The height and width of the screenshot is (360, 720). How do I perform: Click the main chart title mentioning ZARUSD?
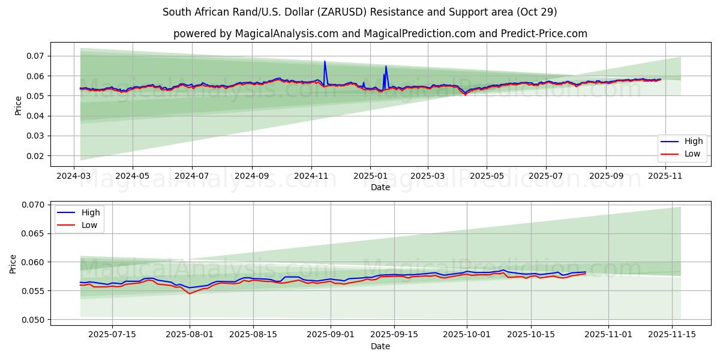point(360,12)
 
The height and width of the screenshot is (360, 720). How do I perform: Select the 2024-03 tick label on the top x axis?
point(74,176)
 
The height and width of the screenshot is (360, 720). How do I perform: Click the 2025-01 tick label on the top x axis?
point(370,176)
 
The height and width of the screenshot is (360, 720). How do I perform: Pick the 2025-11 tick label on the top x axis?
point(665,176)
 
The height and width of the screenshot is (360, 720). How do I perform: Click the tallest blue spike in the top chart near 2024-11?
point(325,61)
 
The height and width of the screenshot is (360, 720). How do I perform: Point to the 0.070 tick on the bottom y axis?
point(34,205)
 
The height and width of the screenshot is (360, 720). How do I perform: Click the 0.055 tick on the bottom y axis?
point(34,291)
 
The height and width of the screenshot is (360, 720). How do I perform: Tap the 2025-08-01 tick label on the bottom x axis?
point(190,335)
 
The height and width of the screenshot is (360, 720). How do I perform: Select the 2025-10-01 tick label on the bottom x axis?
point(466,335)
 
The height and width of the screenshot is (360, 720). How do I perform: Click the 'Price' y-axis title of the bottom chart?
point(13,263)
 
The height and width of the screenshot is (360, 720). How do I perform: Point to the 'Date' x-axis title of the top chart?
point(380,187)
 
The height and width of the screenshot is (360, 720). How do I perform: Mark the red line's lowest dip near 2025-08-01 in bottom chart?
point(190,293)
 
